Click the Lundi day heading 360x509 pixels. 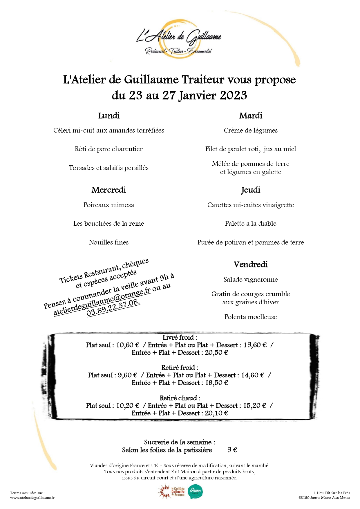109,116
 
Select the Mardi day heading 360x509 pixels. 251,116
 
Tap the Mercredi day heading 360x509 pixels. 109,190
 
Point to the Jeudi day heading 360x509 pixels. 251,190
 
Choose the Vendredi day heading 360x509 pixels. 251,265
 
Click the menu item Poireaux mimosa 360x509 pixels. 109,205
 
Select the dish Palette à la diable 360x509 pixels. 251,224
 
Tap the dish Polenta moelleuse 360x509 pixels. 251,317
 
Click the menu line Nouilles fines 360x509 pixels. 109,242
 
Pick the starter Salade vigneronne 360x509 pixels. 251,280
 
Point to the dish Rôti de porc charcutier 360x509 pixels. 109,149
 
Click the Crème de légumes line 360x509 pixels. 251,131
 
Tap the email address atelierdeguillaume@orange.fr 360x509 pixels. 102,302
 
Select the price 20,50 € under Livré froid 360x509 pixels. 216,353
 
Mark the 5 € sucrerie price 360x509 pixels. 232,450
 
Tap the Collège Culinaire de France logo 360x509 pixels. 172,492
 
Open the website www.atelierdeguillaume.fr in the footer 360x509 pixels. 32,498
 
